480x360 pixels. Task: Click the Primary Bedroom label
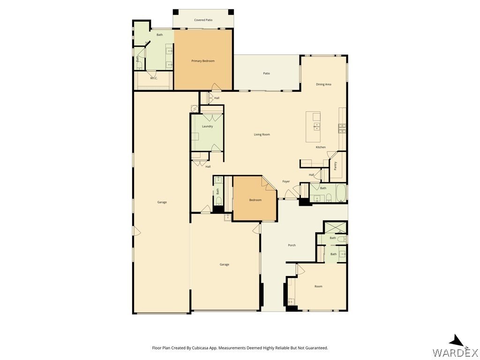point(203,61)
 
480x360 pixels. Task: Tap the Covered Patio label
point(203,20)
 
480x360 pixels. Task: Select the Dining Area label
point(323,84)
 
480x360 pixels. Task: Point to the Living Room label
point(262,135)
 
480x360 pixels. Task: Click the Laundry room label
point(207,127)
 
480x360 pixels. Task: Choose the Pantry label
point(336,165)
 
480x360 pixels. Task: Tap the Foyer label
point(286,181)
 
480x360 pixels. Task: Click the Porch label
point(292,245)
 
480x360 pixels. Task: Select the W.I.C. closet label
point(154,78)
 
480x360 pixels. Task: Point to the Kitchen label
point(321,147)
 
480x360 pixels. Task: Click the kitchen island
point(313,127)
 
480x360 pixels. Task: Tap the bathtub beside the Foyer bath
point(341,193)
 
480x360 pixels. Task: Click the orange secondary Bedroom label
point(255,200)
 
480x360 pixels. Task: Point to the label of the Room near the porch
point(318,286)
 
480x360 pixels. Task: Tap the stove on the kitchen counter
point(342,128)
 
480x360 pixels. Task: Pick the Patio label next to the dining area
point(267,74)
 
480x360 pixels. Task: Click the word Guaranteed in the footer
point(317,348)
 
